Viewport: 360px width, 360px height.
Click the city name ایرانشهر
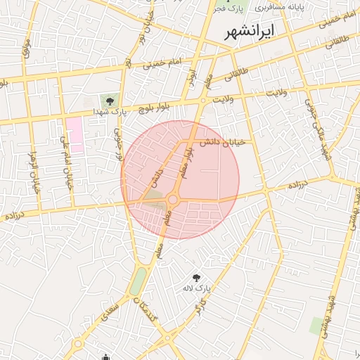250,32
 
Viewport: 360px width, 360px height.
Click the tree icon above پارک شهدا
110,101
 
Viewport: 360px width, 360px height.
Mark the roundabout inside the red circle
172,200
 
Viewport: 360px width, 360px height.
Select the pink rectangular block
74,136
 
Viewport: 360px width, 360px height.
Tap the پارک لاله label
198,288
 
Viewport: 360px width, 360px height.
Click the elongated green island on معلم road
139,281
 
